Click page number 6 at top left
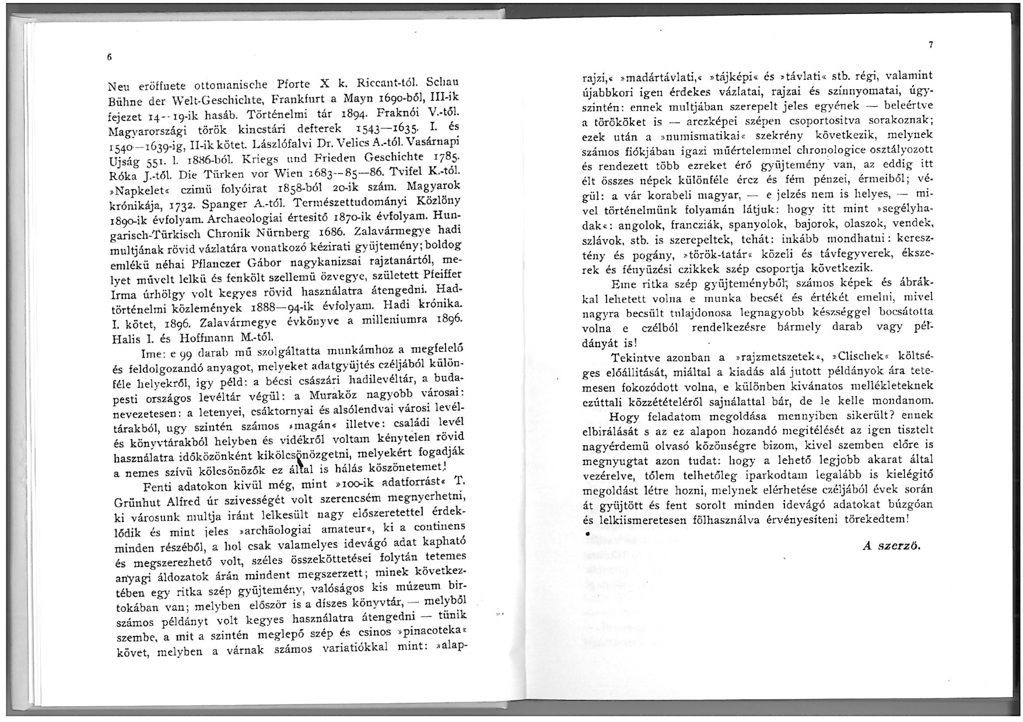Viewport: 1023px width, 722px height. [109, 57]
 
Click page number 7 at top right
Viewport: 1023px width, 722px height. [931, 45]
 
